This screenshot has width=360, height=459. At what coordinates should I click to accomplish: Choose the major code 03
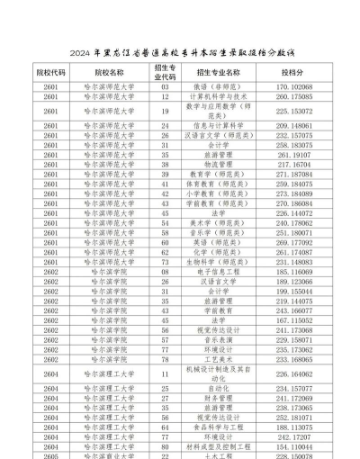(x=166, y=87)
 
